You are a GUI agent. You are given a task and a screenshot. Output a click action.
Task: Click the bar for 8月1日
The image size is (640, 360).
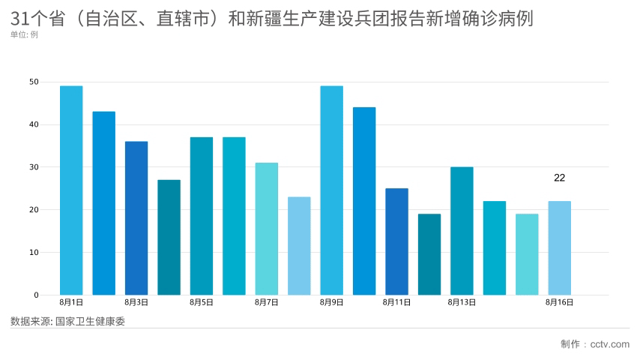(x=71, y=190)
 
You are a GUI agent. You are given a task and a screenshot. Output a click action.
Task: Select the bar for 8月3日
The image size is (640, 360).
(x=136, y=218)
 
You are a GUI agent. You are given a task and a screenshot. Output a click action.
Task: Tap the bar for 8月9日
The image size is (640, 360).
(x=331, y=190)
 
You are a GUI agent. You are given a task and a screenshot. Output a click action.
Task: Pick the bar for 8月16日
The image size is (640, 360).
(x=559, y=248)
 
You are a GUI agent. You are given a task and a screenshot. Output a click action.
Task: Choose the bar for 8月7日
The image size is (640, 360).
(x=266, y=229)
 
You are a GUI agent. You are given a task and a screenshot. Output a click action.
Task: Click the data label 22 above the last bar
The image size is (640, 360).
(x=559, y=178)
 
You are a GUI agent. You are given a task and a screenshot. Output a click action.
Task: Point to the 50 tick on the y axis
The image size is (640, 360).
(x=34, y=82)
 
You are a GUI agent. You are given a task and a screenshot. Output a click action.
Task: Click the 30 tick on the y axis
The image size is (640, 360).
(x=34, y=167)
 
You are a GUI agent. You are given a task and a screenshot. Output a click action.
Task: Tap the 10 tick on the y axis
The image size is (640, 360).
(x=34, y=253)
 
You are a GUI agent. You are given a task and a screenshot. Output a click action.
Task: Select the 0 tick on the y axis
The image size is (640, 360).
(x=36, y=295)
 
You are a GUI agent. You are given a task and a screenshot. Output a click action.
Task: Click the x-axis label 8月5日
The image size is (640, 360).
(x=202, y=303)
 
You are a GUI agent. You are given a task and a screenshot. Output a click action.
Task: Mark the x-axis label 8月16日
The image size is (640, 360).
(x=559, y=303)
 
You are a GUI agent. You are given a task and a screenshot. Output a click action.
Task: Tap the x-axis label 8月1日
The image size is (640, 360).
(x=71, y=303)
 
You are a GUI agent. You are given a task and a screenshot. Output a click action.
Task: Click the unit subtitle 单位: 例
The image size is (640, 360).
(x=25, y=34)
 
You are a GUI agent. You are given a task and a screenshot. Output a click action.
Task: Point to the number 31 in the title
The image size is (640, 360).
(x=20, y=19)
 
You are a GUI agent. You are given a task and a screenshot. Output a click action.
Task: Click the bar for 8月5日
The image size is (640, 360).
(x=202, y=216)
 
